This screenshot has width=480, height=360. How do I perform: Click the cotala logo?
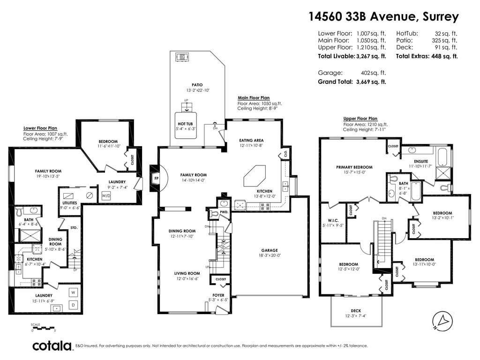(x=52, y=346)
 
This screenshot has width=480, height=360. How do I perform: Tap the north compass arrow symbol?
(x=442, y=322)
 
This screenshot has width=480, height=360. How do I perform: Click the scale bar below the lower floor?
(x=44, y=328)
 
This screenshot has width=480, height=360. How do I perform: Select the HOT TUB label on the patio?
(x=185, y=124)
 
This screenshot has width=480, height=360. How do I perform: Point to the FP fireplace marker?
(x=157, y=178)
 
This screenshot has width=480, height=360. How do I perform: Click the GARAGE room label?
(x=270, y=250)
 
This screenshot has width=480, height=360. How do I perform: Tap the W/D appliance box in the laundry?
(x=106, y=195)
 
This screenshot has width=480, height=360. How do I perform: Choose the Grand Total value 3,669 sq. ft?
(x=371, y=82)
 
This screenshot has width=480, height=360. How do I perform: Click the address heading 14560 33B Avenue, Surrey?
(x=383, y=16)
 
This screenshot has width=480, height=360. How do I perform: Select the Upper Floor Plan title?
(x=360, y=119)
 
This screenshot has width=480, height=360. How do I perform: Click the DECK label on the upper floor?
(x=356, y=311)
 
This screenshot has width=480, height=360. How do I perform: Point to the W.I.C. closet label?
(x=333, y=220)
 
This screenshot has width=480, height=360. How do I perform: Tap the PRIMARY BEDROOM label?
(x=354, y=167)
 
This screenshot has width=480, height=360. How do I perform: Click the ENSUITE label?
(x=421, y=161)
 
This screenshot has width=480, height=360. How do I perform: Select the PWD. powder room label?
(x=225, y=212)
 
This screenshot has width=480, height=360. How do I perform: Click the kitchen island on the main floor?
(x=255, y=176)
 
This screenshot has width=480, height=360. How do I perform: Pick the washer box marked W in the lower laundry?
(x=73, y=292)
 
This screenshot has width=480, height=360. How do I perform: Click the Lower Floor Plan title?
(x=40, y=128)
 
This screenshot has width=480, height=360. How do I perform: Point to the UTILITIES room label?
(x=69, y=203)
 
